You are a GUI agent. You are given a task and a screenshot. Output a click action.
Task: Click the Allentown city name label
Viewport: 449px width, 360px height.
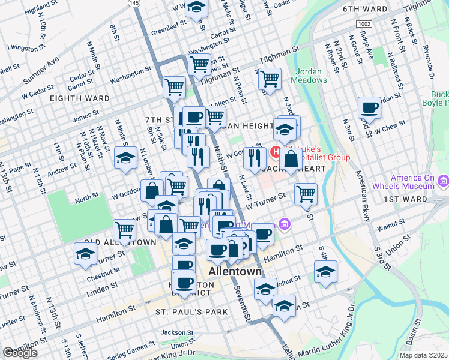(x=235, y=272)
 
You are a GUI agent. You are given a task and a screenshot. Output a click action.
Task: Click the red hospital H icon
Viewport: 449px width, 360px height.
(x=276, y=152)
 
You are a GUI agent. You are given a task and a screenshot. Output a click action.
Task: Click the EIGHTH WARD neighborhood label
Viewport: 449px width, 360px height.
(x=79, y=98)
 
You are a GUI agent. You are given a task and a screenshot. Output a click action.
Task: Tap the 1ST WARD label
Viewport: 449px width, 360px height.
(x=423, y=199)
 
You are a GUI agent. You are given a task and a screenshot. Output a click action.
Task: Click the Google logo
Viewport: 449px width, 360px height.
(x=20, y=353)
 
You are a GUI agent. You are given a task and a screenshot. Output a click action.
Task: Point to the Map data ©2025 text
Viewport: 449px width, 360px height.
(x=423, y=355)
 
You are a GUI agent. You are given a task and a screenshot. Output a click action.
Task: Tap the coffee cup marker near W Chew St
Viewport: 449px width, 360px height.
(x=369, y=108)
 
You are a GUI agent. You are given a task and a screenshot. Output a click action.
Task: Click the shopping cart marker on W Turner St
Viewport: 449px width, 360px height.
(x=306, y=194)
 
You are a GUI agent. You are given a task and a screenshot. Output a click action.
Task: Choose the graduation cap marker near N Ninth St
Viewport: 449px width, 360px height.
(x=125, y=158)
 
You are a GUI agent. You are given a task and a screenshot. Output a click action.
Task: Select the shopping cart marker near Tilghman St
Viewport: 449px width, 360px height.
(x=270, y=78)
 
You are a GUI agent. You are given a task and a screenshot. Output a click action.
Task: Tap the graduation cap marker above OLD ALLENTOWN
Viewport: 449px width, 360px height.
(x=85, y=254)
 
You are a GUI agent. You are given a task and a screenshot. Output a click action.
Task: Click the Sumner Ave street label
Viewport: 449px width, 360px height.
(x=41, y=71)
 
